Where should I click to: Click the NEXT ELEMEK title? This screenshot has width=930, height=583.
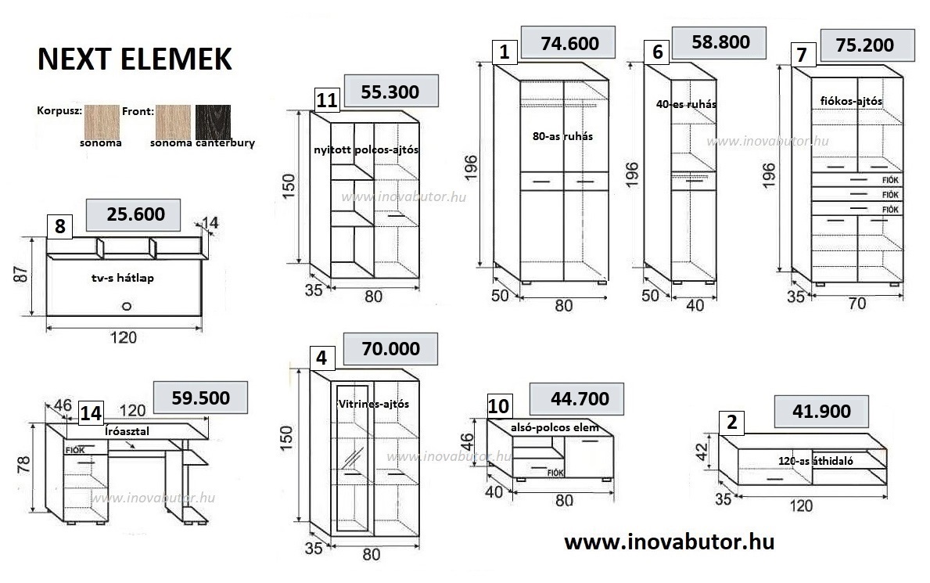[x=135, y=59]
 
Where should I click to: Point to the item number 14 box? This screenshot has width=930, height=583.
[x=91, y=412]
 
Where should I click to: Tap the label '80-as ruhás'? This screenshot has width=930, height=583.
[x=562, y=135]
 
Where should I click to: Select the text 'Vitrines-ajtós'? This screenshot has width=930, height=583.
[x=373, y=404]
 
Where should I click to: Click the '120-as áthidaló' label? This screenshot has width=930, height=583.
[x=815, y=461]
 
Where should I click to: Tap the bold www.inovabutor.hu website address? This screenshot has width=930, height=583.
[x=669, y=542]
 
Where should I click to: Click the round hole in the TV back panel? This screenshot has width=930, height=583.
[x=125, y=307]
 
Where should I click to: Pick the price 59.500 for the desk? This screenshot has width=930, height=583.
[x=201, y=397]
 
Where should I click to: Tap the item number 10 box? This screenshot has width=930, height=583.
[x=499, y=406]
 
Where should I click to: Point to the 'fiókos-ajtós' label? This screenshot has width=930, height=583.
[x=851, y=101]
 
